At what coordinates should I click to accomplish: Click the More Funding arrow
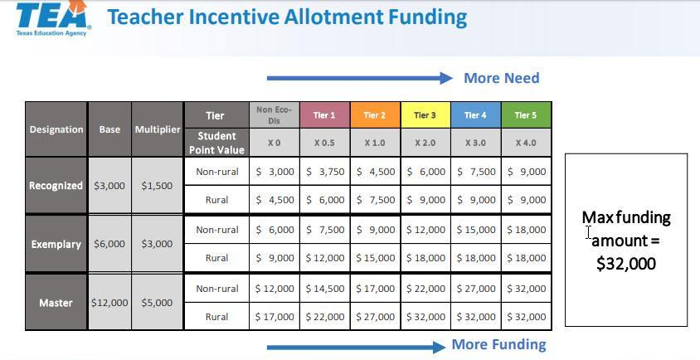(x=357, y=347)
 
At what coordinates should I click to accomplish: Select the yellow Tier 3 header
(x=425, y=115)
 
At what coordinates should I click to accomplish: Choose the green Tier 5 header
(x=526, y=115)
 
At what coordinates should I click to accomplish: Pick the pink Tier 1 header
(x=324, y=115)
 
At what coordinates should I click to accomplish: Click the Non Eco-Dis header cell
(x=274, y=115)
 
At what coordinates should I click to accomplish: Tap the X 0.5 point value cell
(x=324, y=143)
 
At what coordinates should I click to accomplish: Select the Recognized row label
(x=56, y=185)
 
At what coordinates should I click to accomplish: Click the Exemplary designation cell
(x=56, y=245)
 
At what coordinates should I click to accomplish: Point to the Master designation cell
(x=56, y=303)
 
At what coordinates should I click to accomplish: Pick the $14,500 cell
(x=324, y=289)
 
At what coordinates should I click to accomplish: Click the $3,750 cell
(x=324, y=172)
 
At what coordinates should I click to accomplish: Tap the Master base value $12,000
(x=109, y=303)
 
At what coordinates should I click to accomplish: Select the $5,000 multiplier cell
(x=157, y=303)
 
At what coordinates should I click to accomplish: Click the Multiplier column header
(x=157, y=129)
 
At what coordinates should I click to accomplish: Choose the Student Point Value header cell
(x=216, y=143)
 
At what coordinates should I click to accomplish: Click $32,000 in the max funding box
(x=626, y=264)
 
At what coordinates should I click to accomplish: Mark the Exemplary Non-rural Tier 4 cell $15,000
(x=476, y=230)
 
